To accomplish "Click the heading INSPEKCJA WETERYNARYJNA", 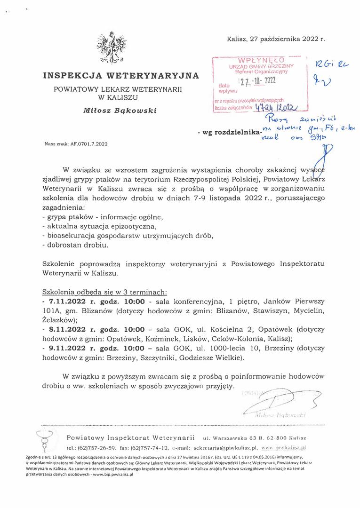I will (x=121, y=75).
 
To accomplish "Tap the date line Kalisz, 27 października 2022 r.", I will (x=275, y=40).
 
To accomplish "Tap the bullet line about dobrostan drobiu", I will (x=75, y=245).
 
